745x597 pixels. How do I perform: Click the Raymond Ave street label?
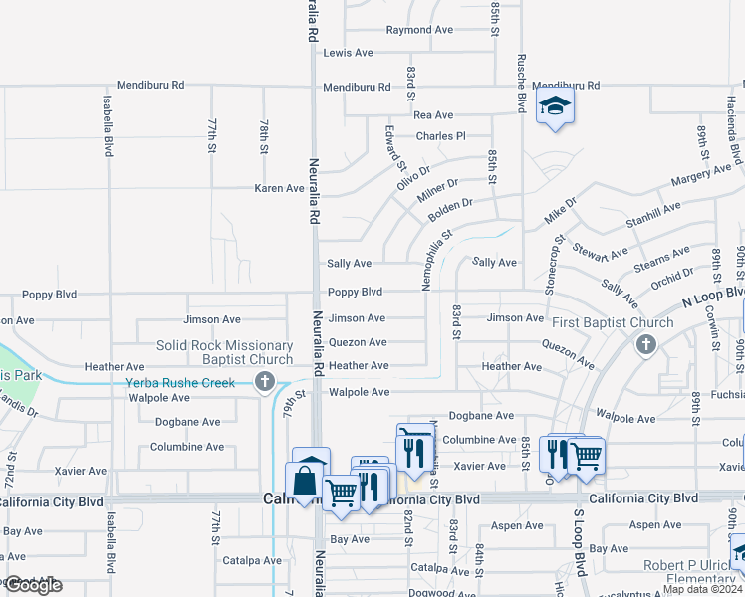(x=419, y=30)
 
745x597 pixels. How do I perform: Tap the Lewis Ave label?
(x=348, y=52)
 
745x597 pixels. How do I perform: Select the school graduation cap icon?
(x=555, y=106)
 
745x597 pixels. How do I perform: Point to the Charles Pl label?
(x=440, y=136)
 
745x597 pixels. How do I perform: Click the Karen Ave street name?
(x=279, y=188)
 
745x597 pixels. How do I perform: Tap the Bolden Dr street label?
(x=450, y=210)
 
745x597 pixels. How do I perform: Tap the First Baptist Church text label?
(x=614, y=322)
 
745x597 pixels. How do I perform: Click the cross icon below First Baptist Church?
(x=645, y=345)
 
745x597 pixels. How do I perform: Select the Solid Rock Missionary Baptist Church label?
(x=225, y=352)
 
